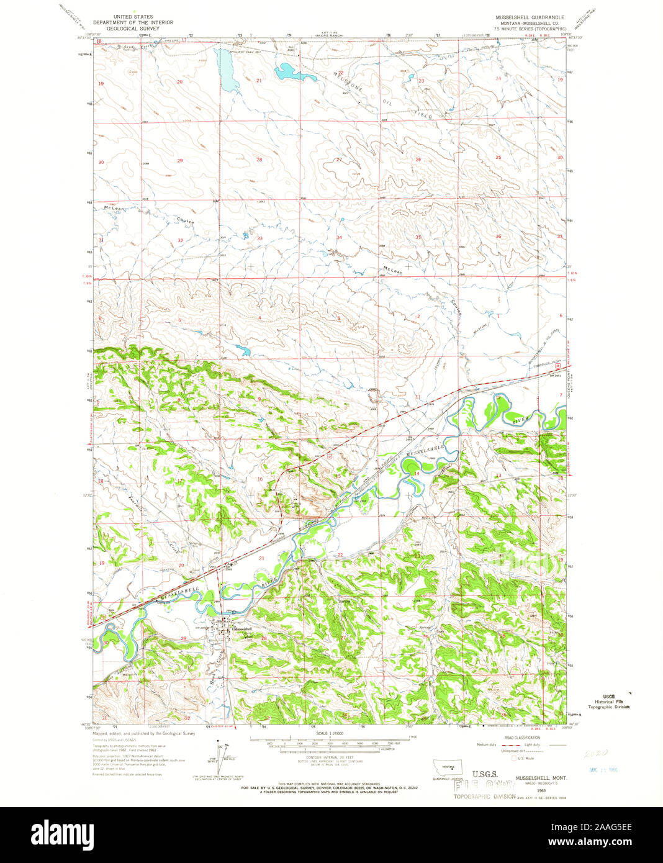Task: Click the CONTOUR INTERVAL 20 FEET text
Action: (x=329, y=758)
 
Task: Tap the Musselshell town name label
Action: (x=243, y=629)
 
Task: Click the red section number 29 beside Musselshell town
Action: (x=183, y=638)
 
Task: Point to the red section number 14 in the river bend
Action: (x=417, y=473)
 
